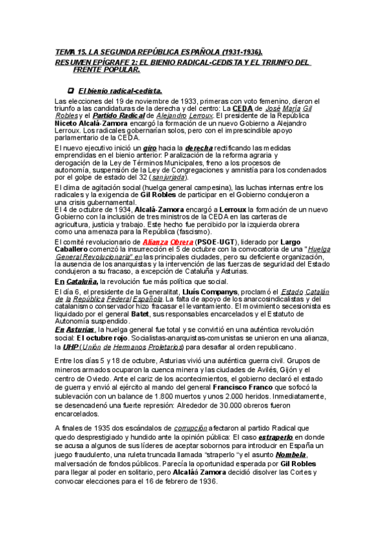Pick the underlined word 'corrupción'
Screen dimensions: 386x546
[192, 428]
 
